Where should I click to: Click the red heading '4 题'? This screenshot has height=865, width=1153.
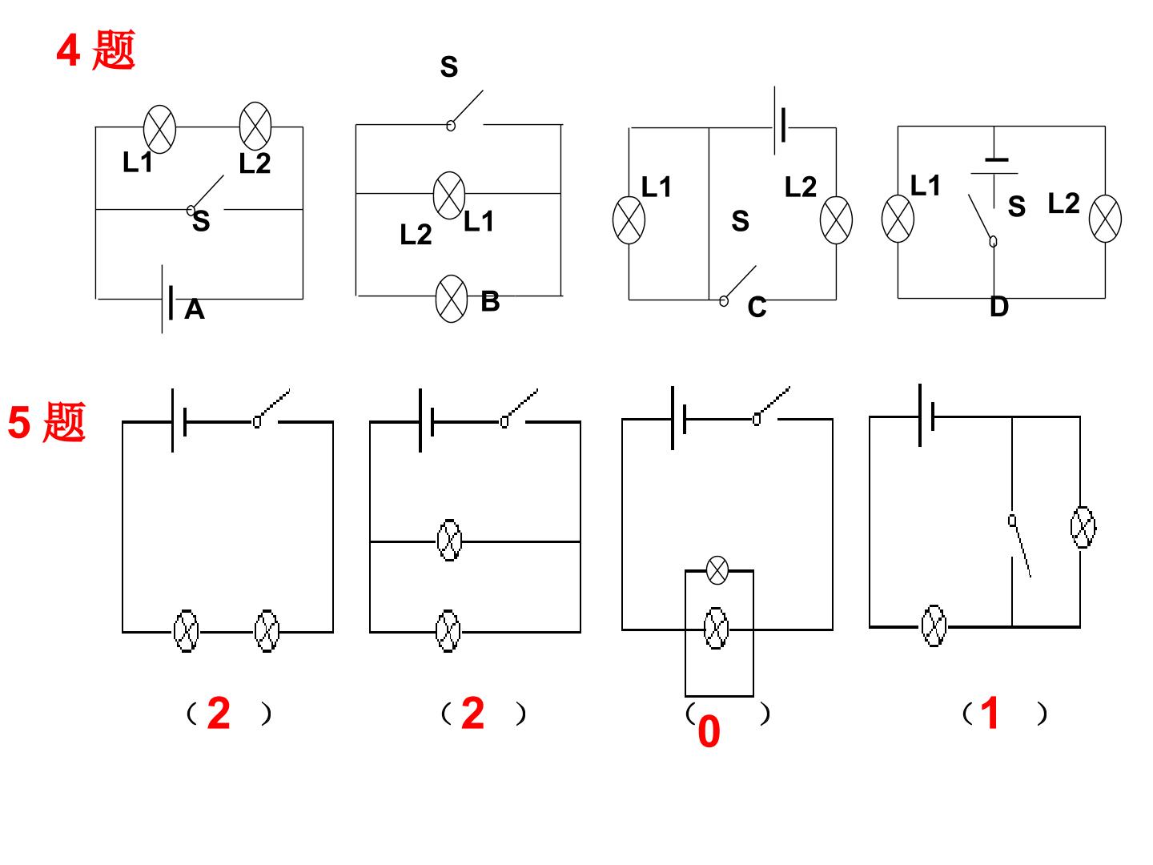(x=95, y=50)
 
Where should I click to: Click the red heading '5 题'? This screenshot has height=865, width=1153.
(x=46, y=422)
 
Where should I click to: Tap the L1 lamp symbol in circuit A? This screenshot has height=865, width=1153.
(x=159, y=129)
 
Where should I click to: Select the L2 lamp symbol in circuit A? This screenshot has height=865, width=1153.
(x=255, y=127)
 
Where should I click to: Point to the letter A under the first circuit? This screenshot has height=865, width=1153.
(x=195, y=309)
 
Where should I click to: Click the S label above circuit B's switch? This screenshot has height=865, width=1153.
(x=449, y=66)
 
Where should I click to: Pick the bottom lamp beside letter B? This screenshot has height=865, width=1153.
(x=452, y=298)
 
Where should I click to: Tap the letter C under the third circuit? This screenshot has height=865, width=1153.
(x=757, y=308)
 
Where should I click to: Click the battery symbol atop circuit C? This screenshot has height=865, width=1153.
(x=780, y=121)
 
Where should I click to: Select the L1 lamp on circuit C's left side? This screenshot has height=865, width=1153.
(x=629, y=220)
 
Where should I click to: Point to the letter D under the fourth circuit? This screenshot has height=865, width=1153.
(x=998, y=307)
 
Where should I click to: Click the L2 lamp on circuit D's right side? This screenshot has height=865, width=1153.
(x=1105, y=219)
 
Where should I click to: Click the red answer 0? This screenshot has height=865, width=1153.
(x=709, y=731)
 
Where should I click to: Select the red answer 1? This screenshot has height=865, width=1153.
(x=990, y=713)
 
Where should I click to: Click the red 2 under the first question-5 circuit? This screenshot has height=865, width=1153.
(x=219, y=713)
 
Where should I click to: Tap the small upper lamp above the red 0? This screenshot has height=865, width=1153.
(x=717, y=569)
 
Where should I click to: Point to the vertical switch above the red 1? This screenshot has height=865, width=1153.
(x=1018, y=546)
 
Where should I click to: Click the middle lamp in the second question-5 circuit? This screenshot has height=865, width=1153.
(x=450, y=541)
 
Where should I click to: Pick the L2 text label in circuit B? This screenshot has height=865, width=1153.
(x=416, y=234)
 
